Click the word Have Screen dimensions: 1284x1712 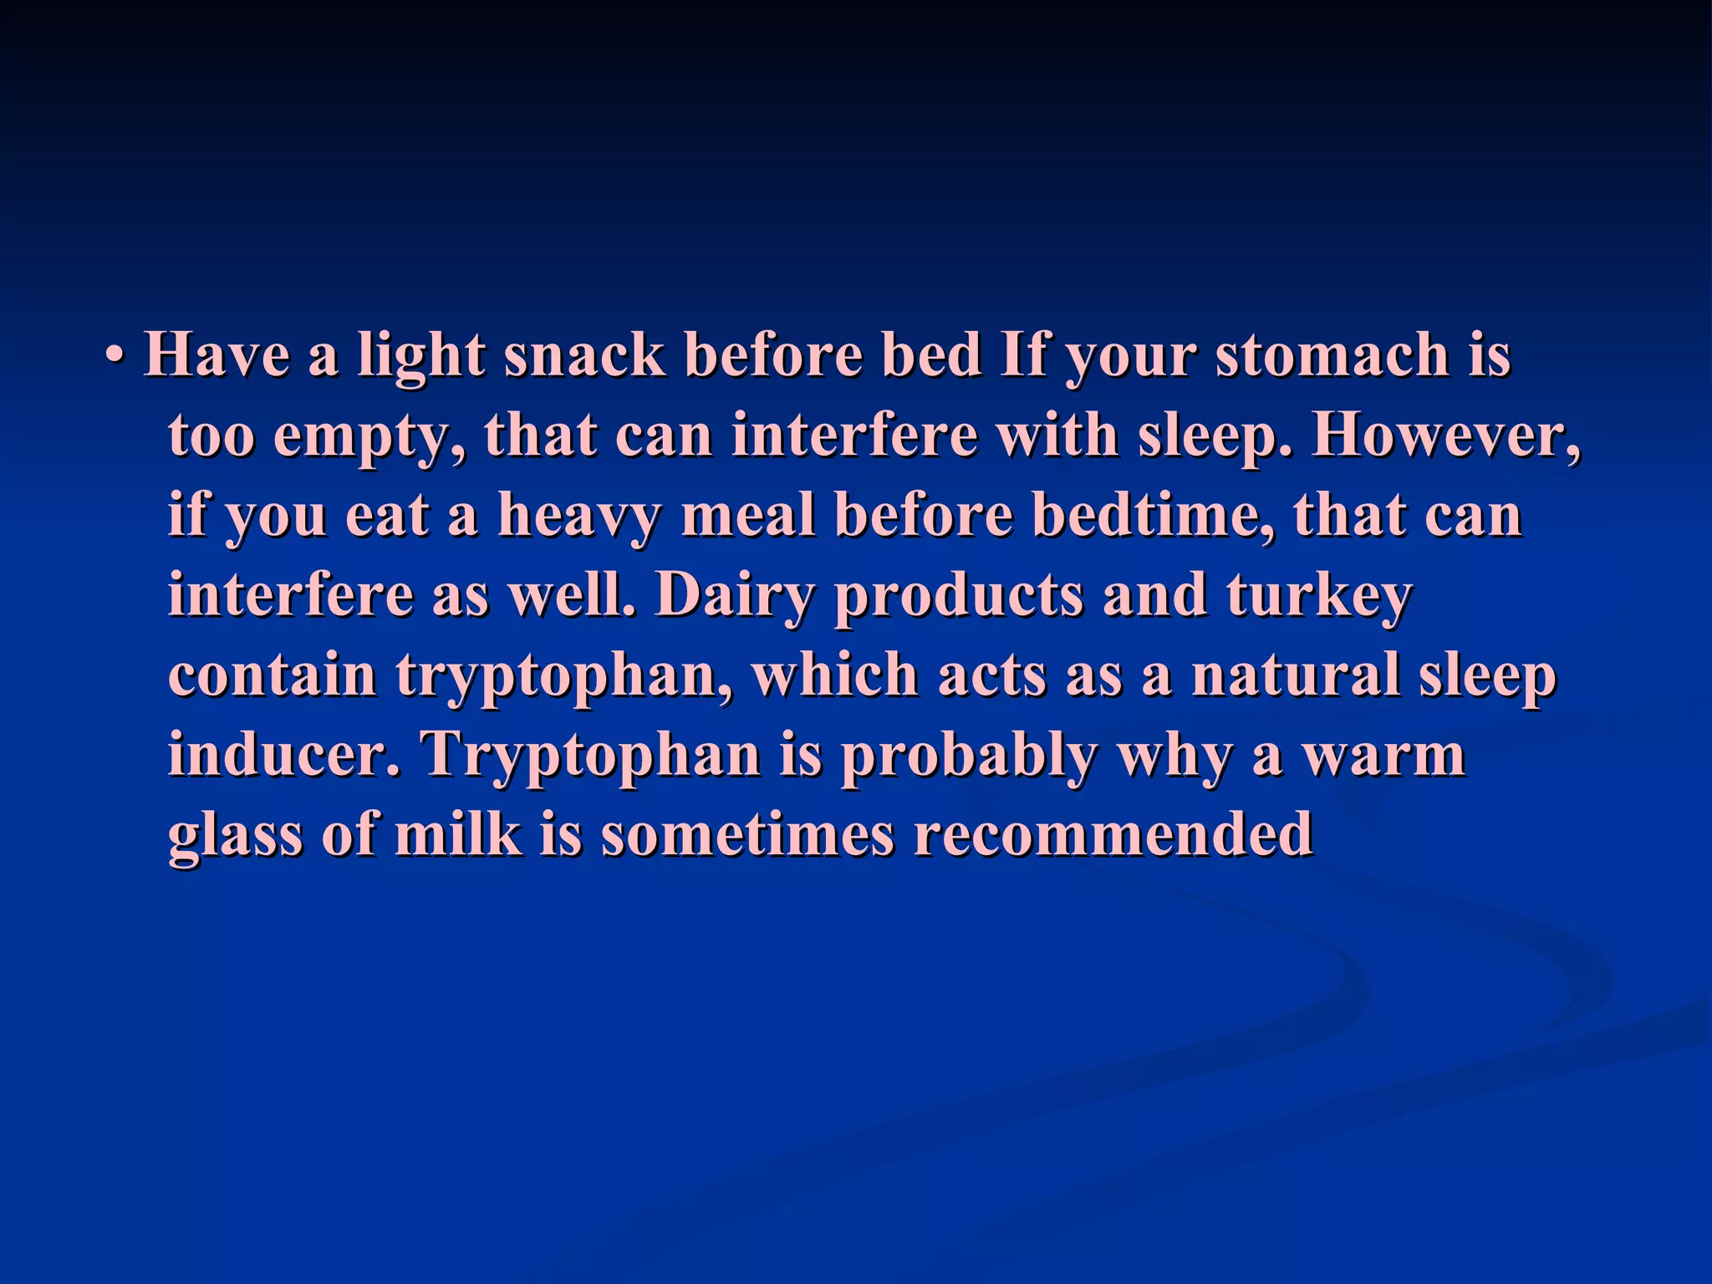click(217, 354)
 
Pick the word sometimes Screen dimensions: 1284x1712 click(747, 833)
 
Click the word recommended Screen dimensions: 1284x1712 click(1113, 833)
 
